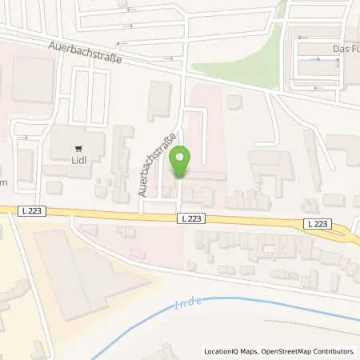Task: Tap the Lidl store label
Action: (77, 170)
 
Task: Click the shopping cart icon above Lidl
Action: (78, 149)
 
